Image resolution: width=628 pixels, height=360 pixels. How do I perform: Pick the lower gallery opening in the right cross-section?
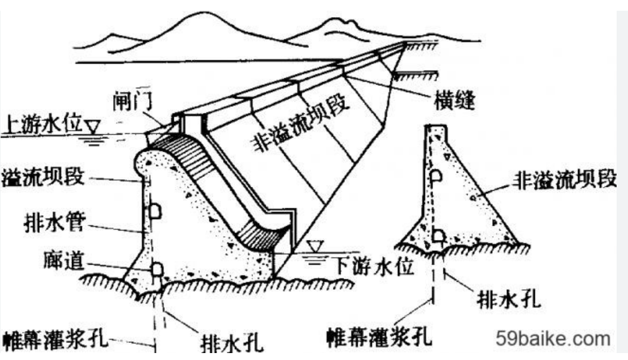click(437, 236)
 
